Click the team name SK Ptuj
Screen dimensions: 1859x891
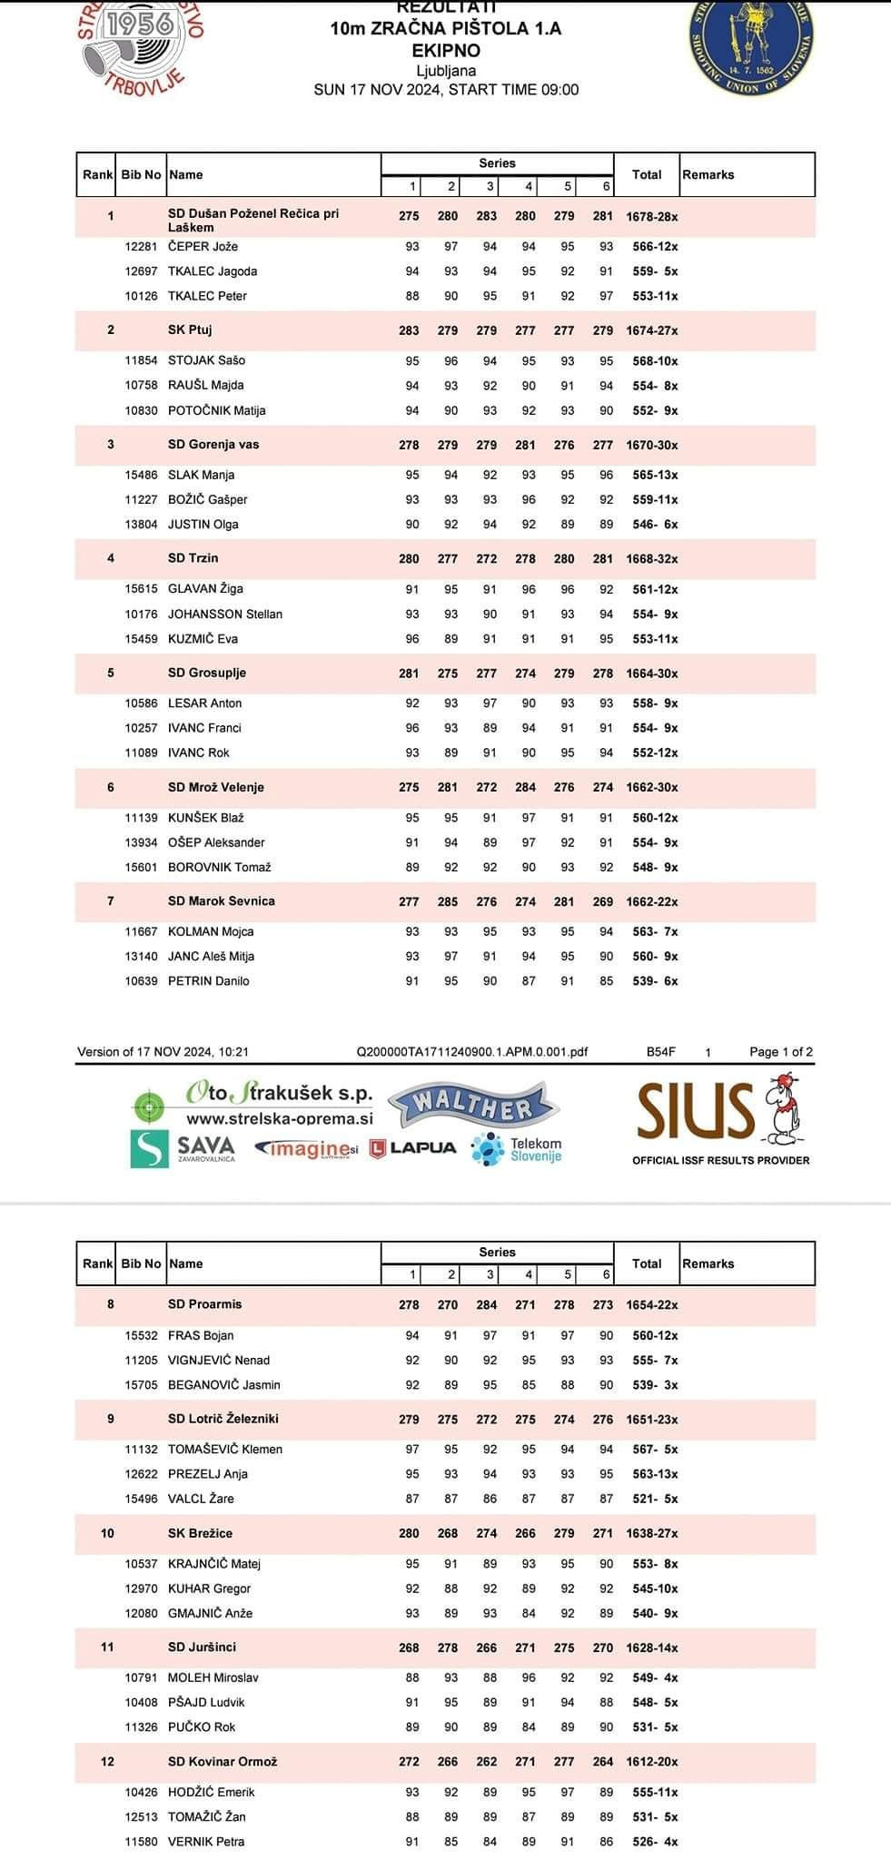coord(190,330)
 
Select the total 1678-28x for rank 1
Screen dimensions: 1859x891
coord(651,217)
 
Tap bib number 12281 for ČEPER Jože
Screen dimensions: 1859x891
coord(141,247)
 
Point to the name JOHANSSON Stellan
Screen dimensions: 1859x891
coord(225,615)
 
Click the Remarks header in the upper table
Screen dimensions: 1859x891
coord(708,174)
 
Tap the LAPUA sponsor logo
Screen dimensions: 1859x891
coord(412,1148)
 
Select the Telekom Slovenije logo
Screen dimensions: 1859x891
coord(517,1149)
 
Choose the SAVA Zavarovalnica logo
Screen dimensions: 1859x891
coord(183,1148)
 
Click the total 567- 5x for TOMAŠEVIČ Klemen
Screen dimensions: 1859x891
coord(655,1450)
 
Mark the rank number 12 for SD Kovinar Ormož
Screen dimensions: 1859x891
coord(107,1761)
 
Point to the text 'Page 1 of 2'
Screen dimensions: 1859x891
coord(780,1052)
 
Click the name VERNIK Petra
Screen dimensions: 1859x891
coord(206,1841)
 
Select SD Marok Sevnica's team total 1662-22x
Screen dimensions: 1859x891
coord(651,902)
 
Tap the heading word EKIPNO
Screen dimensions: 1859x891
coord(446,51)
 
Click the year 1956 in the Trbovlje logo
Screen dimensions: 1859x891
coord(140,25)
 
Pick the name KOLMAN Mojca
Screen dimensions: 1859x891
coord(211,932)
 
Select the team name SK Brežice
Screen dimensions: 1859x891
coord(200,1533)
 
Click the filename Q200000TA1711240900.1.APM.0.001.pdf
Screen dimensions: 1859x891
coord(472,1052)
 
